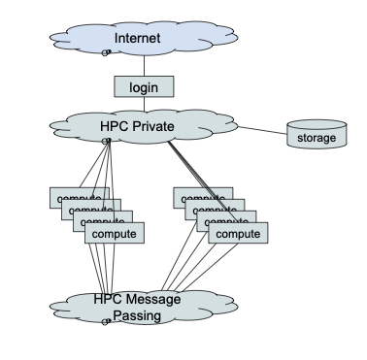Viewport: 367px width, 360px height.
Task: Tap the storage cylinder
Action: click(x=317, y=136)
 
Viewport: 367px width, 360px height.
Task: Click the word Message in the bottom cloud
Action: click(x=152, y=299)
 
